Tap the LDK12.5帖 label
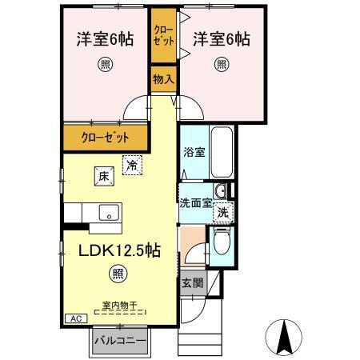(118, 250)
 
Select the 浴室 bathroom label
(193, 150)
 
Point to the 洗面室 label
(194, 202)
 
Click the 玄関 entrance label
(191, 282)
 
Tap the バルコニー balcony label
(118, 339)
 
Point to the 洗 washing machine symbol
(224, 213)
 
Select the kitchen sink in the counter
(107, 213)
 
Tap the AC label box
(76, 318)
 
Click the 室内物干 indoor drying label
(118, 304)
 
